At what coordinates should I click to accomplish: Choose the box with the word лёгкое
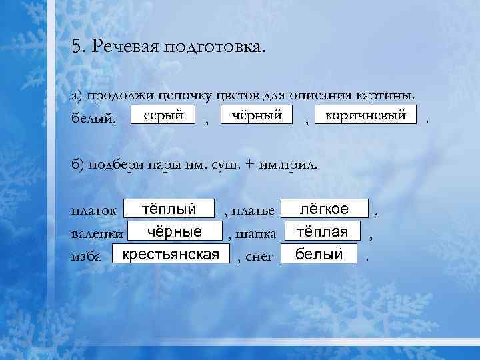pyautogui.click(x=324, y=209)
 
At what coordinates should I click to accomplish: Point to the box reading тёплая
pyautogui.click(x=323, y=231)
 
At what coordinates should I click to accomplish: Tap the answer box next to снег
pyautogui.click(x=319, y=254)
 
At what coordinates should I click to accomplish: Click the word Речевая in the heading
pyautogui.click(x=123, y=47)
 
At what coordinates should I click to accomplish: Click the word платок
pyautogui.click(x=94, y=211)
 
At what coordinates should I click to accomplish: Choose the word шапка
pyautogui.click(x=259, y=234)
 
